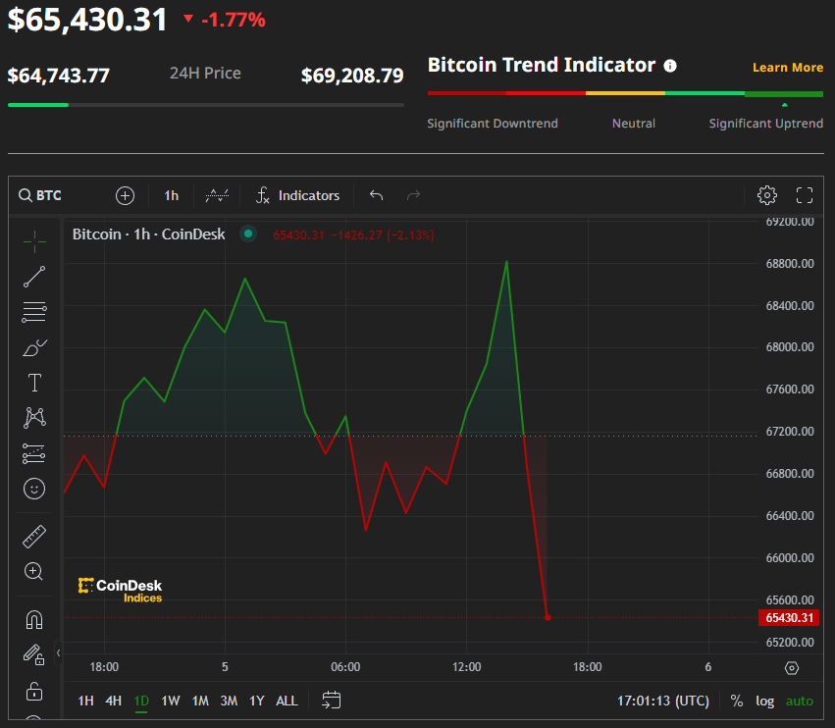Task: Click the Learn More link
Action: pyautogui.click(x=787, y=68)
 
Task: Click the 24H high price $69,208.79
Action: pyautogui.click(x=351, y=76)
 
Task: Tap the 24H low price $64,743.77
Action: pyautogui.click(x=58, y=76)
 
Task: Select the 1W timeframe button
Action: pyautogui.click(x=171, y=701)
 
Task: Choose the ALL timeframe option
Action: pyautogui.click(x=287, y=701)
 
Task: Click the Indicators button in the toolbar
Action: pyautogui.click(x=298, y=195)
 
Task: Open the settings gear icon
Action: pyautogui.click(x=767, y=195)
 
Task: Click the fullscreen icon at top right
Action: pyautogui.click(x=805, y=195)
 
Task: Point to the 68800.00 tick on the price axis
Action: pyautogui.click(x=790, y=264)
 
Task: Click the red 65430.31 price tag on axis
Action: pyautogui.click(x=788, y=618)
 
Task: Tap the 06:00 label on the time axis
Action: pyautogui.click(x=345, y=667)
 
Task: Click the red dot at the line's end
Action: pyautogui.click(x=548, y=617)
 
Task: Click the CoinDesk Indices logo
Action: pyautogui.click(x=120, y=590)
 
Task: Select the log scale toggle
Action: pyautogui.click(x=764, y=701)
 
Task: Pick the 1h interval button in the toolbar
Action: pyautogui.click(x=171, y=195)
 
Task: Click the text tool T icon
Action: pyautogui.click(x=34, y=383)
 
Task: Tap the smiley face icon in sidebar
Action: pyautogui.click(x=34, y=488)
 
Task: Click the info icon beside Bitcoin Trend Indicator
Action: pyautogui.click(x=670, y=66)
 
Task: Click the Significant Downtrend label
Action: pyautogui.click(x=493, y=124)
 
